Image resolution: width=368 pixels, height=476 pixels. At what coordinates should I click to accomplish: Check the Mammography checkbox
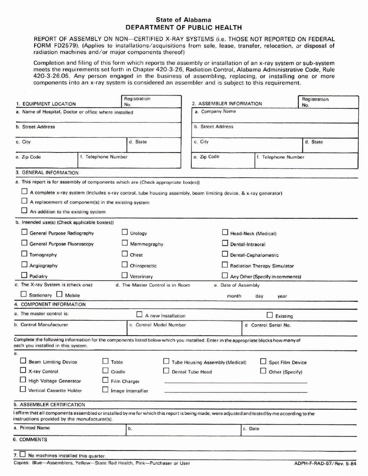(125, 243)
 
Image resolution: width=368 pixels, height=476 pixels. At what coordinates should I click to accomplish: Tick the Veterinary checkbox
(125, 276)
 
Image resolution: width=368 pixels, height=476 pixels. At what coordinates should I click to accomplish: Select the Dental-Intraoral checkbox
(225, 243)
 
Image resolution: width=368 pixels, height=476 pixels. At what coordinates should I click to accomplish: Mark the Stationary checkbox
(24, 295)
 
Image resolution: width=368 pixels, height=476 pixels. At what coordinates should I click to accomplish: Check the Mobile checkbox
(59, 295)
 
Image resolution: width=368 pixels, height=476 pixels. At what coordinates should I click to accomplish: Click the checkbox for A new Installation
(139, 315)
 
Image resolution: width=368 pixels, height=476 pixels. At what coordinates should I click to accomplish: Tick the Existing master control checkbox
(270, 315)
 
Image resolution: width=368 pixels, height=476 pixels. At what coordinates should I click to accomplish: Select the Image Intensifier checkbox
(105, 390)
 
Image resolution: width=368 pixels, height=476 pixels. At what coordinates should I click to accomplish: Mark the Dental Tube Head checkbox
(166, 371)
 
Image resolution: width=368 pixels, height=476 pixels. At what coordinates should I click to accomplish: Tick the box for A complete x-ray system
(24, 192)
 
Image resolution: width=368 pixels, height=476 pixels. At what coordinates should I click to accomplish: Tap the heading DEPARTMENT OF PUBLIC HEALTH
(184, 27)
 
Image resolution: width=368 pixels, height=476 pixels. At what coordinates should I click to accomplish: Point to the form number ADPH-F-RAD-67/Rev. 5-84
(325, 463)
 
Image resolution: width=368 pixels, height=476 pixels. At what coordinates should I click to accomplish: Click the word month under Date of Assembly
(234, 296)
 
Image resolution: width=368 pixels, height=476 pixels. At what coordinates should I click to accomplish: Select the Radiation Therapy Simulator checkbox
(225, 265)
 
